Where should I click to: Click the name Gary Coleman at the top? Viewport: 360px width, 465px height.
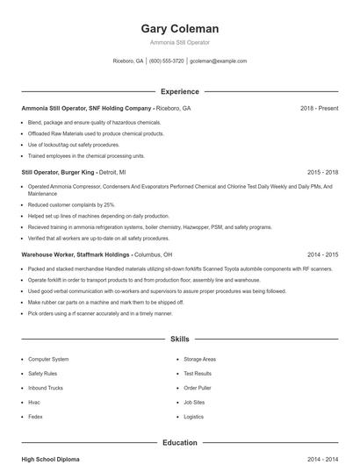[x=180, y=29]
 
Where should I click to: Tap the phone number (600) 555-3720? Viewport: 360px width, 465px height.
[x=167, y=61]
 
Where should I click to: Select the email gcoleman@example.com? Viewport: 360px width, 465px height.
[x=218, y=61]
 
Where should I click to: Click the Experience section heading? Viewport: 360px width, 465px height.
[x=180, y=91]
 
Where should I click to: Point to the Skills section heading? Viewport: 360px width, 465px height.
[x=180, y=339]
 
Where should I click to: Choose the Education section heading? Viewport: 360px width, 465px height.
[x=180, y=443]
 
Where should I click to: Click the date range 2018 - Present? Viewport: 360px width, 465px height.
[x=319, y=108]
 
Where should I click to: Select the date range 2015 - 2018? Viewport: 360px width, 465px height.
[x=322, y=173]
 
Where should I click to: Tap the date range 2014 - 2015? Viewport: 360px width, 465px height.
[x=322, y=254]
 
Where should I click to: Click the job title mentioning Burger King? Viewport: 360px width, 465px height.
[x=73, y=173]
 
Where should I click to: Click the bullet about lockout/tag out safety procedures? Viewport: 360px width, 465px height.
[x=74, y=144]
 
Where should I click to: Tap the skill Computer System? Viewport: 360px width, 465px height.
[x=48, y=360]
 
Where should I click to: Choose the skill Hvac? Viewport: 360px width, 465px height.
[x=35, y=402]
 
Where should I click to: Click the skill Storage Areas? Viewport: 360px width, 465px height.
[x=200, y=360]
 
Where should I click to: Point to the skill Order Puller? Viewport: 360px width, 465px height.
[x=198, y=388]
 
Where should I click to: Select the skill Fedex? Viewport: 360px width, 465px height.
[x=36, y=417]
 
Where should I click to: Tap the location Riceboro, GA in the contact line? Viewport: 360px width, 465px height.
[x=128, y=61]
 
